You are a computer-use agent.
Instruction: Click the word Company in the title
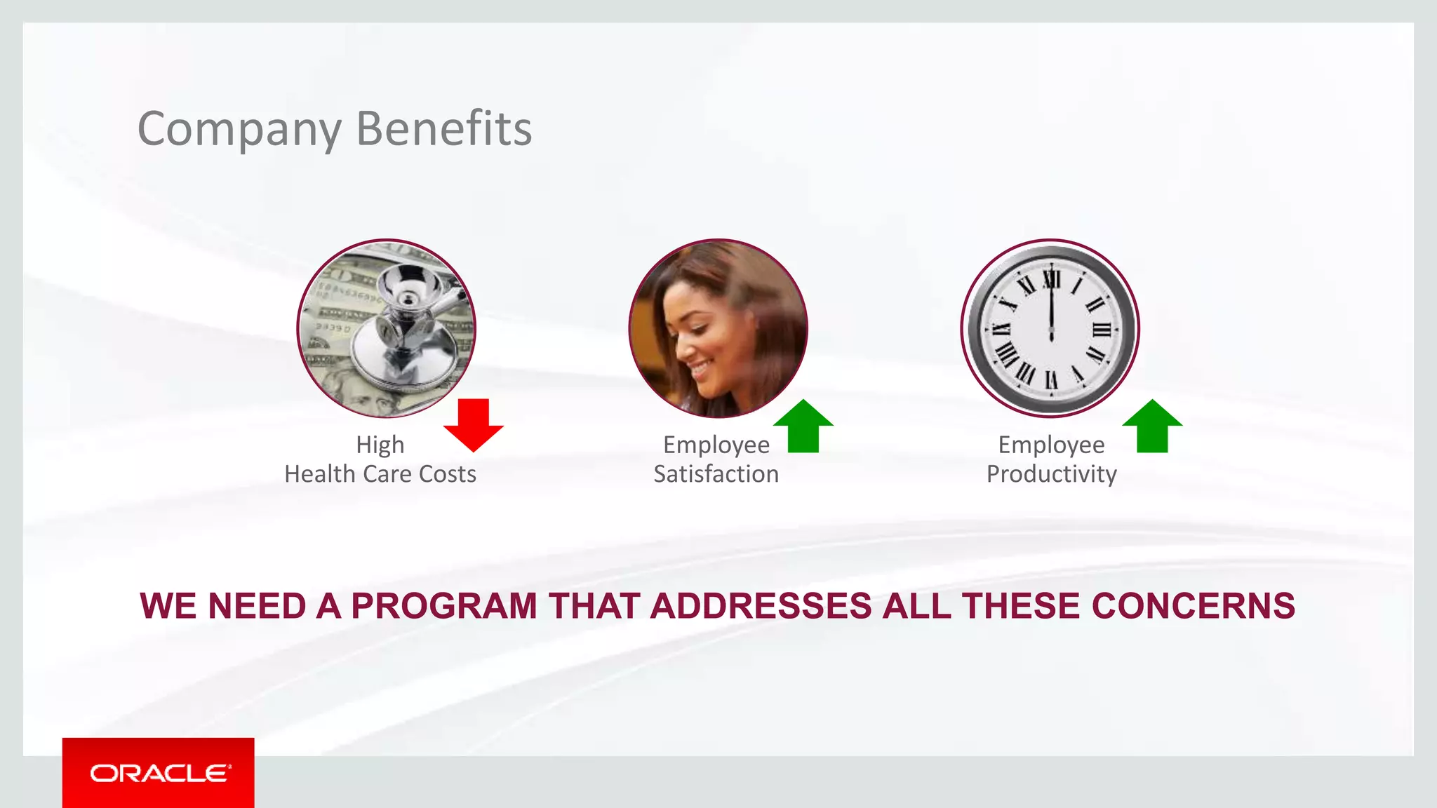[x=239, y=130]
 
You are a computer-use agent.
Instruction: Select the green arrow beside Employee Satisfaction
[x=803, y=426]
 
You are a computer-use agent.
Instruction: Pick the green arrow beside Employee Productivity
[x=1152, y=426]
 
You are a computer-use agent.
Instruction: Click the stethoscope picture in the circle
[x=387, y=328]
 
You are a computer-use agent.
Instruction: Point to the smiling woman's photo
[x=718, y=328]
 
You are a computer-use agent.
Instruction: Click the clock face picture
[x=1050, y=328]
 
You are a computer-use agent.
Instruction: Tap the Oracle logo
[x=159, y=773]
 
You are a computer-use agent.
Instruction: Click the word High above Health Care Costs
[x=380, y=445]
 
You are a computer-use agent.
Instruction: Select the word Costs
[x=448, y=474]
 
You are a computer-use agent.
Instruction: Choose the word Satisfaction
[x=716, y=474]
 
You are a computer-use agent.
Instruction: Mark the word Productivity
[x=1051, y=475]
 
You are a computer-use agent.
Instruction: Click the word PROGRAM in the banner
[x=443, y=606]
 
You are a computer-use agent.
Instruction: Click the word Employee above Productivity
[x=1051, y=445]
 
